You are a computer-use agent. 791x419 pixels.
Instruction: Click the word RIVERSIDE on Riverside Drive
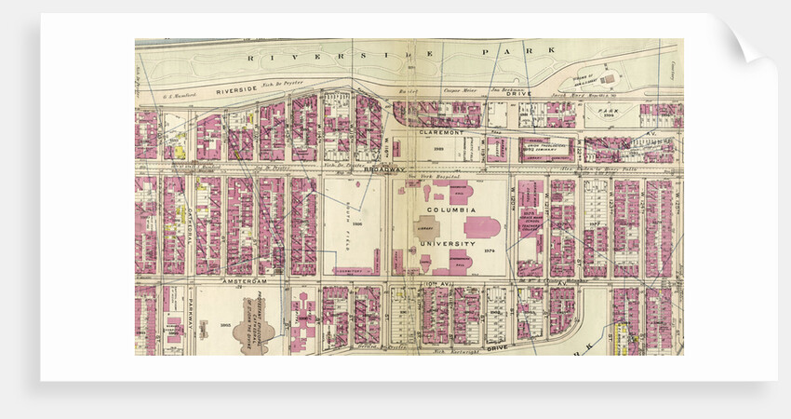pyautogui.click(x=234, y=91)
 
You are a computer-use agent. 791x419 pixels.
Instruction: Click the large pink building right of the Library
pyautogui.click(x=482, y=226)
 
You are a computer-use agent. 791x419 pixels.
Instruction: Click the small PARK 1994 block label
pyautogui.click(x=612, y=113)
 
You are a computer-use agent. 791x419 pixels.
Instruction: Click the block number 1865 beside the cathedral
pyautogui.click(x=224, y=324)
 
